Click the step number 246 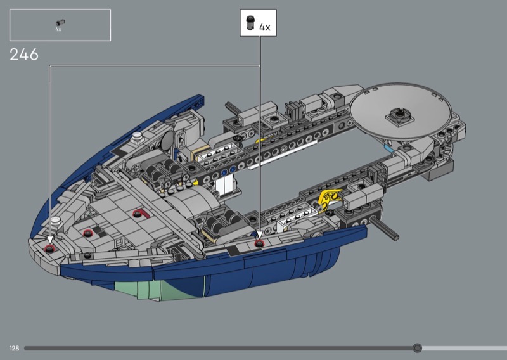[x=24, y=55]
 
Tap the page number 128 [x=14, y=348]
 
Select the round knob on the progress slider [x=417, y=348]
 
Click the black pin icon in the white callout [x=250, y=23]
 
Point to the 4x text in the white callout [x=265, y=27]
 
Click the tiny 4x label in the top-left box [x=58, y=29]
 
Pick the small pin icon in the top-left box [x=60, y=22]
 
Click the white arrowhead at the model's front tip [x=50, y=240]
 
